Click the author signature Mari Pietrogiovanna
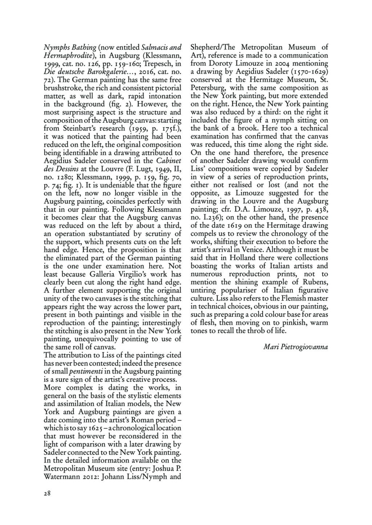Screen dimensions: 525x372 pos(295,347)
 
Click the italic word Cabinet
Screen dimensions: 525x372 pos(169,161)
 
